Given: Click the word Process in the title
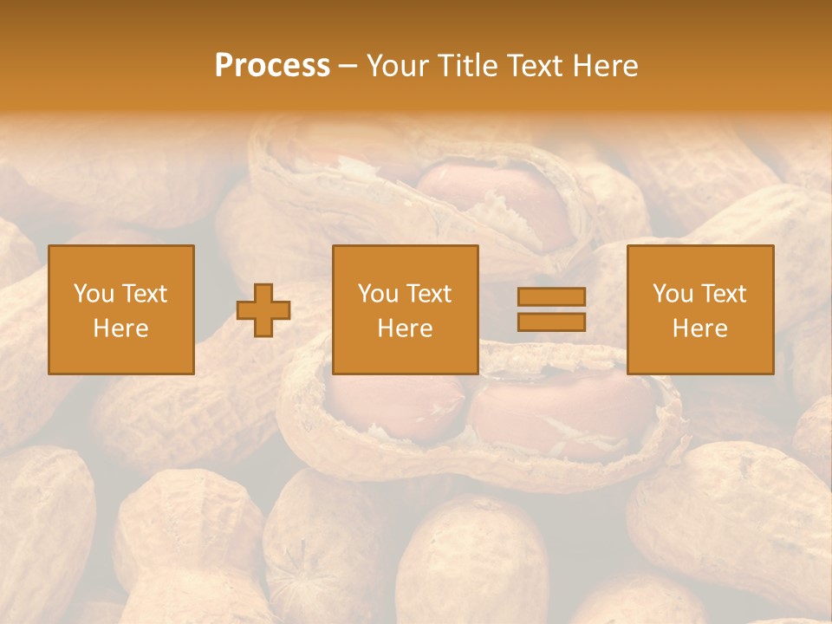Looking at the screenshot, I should [272, 66].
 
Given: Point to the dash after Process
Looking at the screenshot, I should [348, 67].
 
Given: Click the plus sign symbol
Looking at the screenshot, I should [263, 310].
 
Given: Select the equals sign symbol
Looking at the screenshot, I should [551, 309].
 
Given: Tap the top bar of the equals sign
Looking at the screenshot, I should [551, 297].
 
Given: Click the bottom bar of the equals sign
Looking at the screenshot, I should [551, 322].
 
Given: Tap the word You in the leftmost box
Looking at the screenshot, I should [92, 294].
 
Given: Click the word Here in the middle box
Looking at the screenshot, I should [406, 328].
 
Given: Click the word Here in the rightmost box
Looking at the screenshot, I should [700, 328].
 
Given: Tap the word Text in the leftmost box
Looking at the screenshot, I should [144, 294].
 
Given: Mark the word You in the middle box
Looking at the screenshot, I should [376, 294].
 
